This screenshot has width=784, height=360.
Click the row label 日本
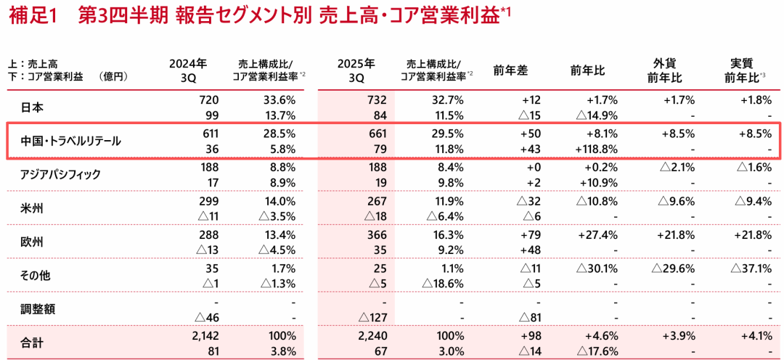(33, 107)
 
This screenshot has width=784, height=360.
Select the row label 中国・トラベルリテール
(71, 141)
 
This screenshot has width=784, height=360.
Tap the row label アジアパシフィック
(61, 174)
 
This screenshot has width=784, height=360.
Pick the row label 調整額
(38, 308)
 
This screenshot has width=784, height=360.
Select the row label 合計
(33, 343)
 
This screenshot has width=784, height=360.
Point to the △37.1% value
(748, 269)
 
